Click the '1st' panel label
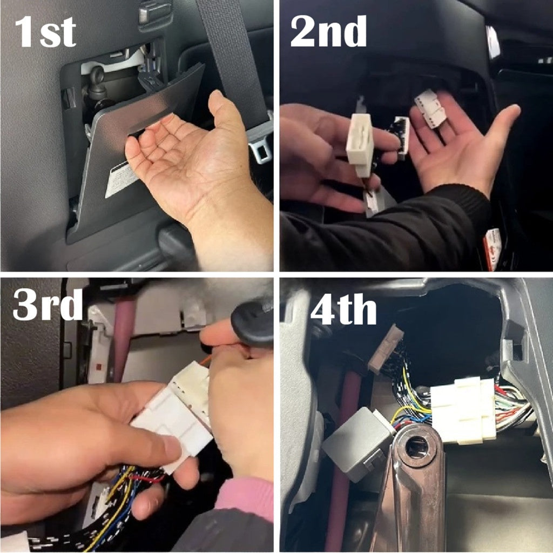coord(45,32)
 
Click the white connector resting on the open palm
coord(430,108)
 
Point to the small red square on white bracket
coord(100,367)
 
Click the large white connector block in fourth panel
coord(463,410)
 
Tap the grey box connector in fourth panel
coord(357,444)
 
